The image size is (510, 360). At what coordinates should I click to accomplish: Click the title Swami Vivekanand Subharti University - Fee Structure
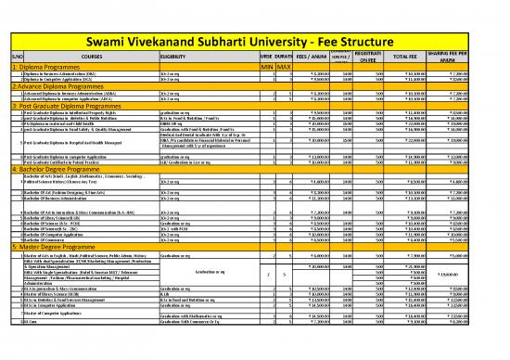point(255,15)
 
